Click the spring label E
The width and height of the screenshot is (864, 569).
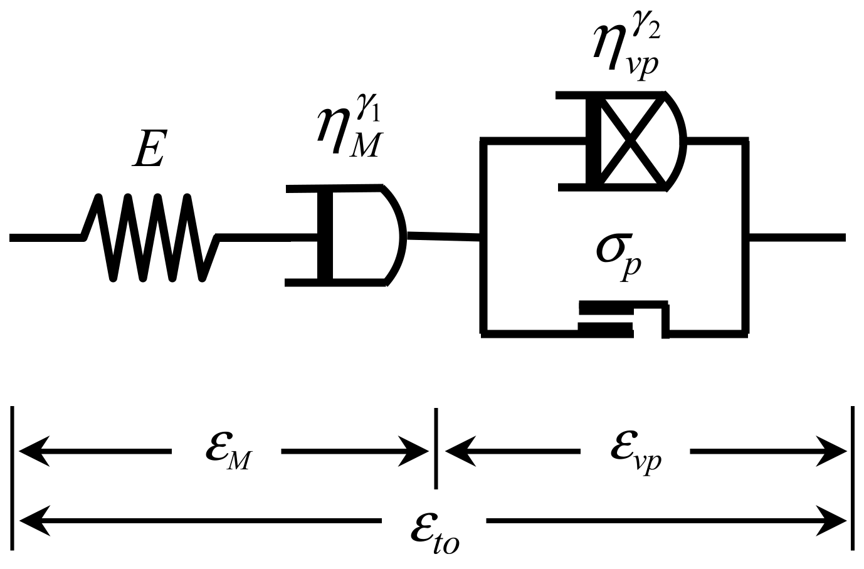(149, 149)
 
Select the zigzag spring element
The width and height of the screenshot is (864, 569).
(150, 237)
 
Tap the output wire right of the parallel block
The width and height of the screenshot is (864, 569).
(796, 237)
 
